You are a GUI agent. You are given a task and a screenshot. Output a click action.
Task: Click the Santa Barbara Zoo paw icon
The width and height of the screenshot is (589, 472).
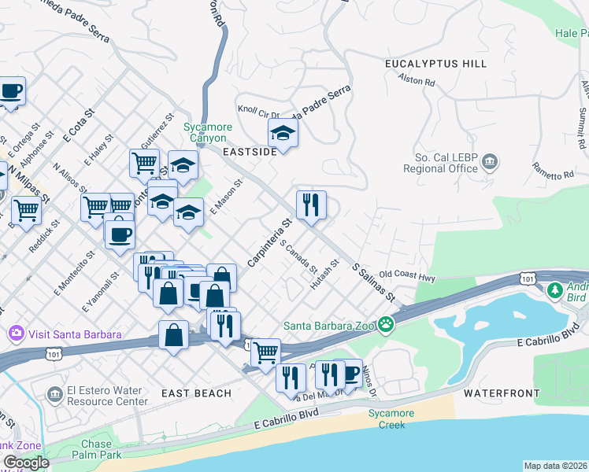point(385,324)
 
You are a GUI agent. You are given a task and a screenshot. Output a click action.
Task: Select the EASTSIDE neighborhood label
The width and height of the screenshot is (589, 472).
point(249,152)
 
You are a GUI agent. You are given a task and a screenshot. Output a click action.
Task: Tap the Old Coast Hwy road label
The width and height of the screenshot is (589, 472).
point(406,276)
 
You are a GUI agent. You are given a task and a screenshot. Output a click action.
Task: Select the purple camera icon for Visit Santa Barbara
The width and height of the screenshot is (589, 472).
point(16,334)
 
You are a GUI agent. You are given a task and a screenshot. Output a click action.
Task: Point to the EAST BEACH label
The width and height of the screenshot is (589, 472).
point(196,393)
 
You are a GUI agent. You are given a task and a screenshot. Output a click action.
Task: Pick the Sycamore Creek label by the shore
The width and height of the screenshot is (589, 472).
point(386,419)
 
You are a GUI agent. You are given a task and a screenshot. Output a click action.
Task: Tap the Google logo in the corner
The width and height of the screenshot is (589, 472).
point(25,463)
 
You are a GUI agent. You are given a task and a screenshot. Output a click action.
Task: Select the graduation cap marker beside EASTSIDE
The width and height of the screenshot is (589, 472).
point(283,134)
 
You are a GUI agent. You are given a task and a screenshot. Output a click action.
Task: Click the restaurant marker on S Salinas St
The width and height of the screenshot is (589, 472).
point(311,205)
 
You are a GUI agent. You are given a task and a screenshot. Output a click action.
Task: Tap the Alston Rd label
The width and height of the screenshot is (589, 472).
point(417,80)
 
